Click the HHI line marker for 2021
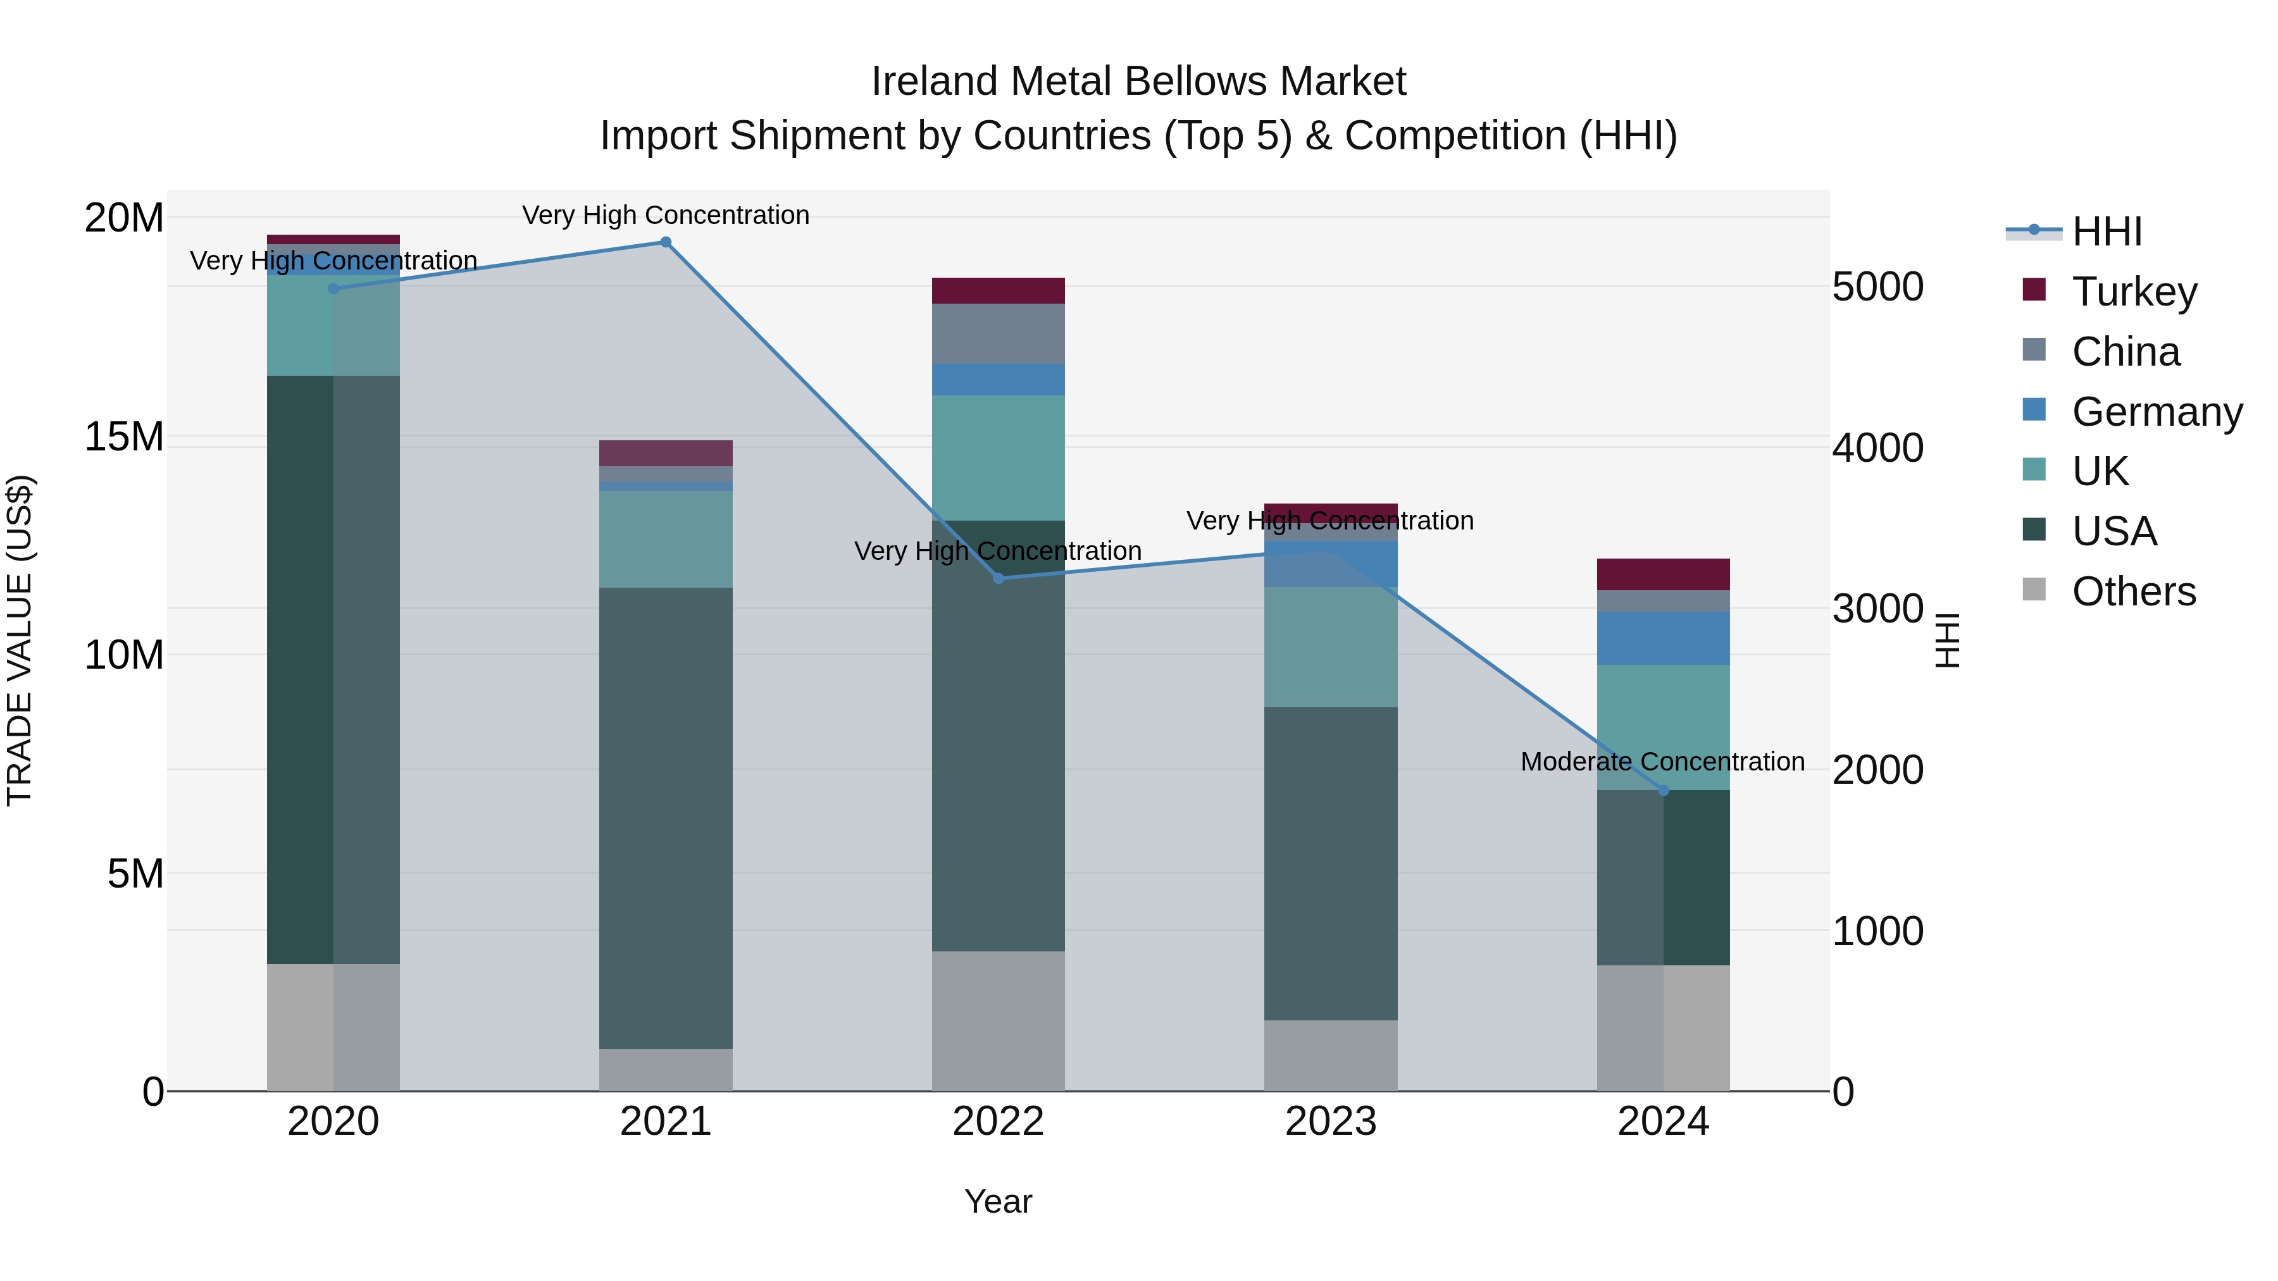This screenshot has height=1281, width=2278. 666,242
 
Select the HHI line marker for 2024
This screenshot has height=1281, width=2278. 1664,790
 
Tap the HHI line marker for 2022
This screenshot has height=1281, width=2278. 999,578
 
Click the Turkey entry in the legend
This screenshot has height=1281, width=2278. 2134,292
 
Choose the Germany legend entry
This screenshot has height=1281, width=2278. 2156,412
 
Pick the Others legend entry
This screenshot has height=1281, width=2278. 2133,591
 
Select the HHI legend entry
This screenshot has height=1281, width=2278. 2107,232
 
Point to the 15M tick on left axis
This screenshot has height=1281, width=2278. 124,436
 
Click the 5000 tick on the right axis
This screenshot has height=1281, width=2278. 1877,287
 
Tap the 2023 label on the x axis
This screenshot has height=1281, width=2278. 1331,1122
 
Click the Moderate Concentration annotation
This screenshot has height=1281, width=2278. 1662,761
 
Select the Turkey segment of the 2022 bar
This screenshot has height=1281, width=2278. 999,291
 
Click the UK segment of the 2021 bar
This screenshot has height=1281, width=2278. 666,539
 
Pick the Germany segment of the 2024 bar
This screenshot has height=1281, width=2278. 1664,638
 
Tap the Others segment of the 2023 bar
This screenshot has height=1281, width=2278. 1331,1056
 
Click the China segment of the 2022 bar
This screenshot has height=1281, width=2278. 999,334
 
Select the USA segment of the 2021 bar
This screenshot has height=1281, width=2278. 666,818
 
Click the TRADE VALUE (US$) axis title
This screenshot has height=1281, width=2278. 20,640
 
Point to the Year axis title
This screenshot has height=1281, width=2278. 999,1201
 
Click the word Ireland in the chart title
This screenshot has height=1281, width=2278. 934,82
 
